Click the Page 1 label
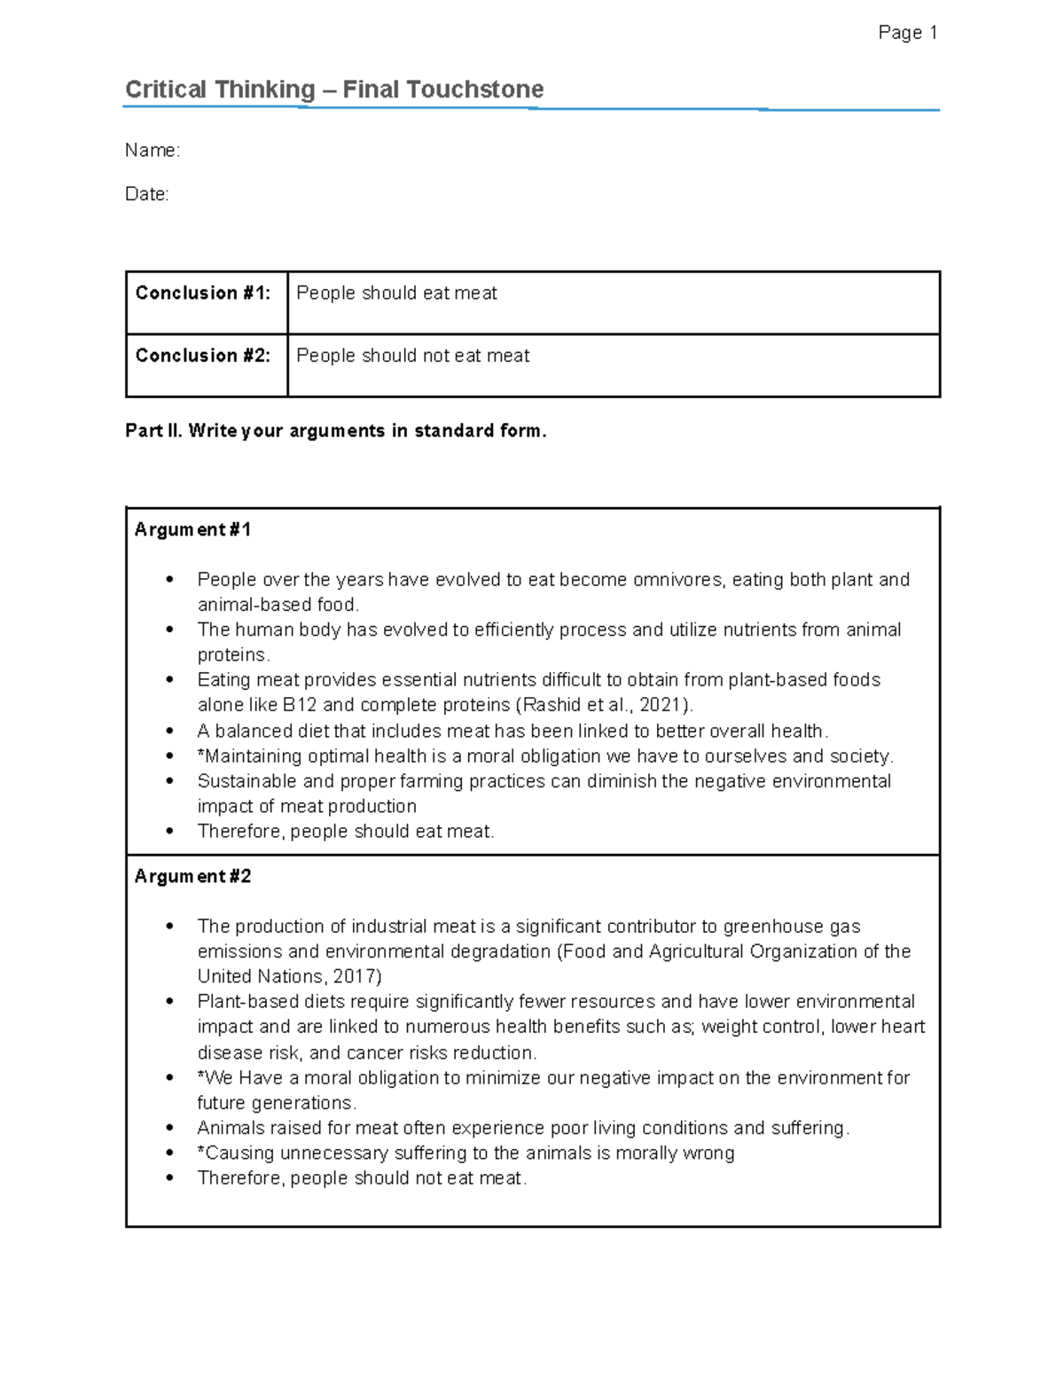(x=907, y=33)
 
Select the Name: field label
(x=153, y=151)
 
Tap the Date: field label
(x=147, y=194)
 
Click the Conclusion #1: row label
(x=203, y=293)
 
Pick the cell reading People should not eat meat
(x=412, y=356)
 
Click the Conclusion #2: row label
(x=203, y=356)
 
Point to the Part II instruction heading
(x=336, y=431)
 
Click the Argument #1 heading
(x=192, y=530)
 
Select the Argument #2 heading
(x=192, y=877)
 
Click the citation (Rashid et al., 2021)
(x=604, y=706)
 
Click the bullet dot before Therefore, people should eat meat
(x=169, y=832)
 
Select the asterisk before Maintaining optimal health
(x=201, y=755)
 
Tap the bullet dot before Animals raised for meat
(x=169, y=1129)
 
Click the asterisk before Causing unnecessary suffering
(x=201, y=1152)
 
